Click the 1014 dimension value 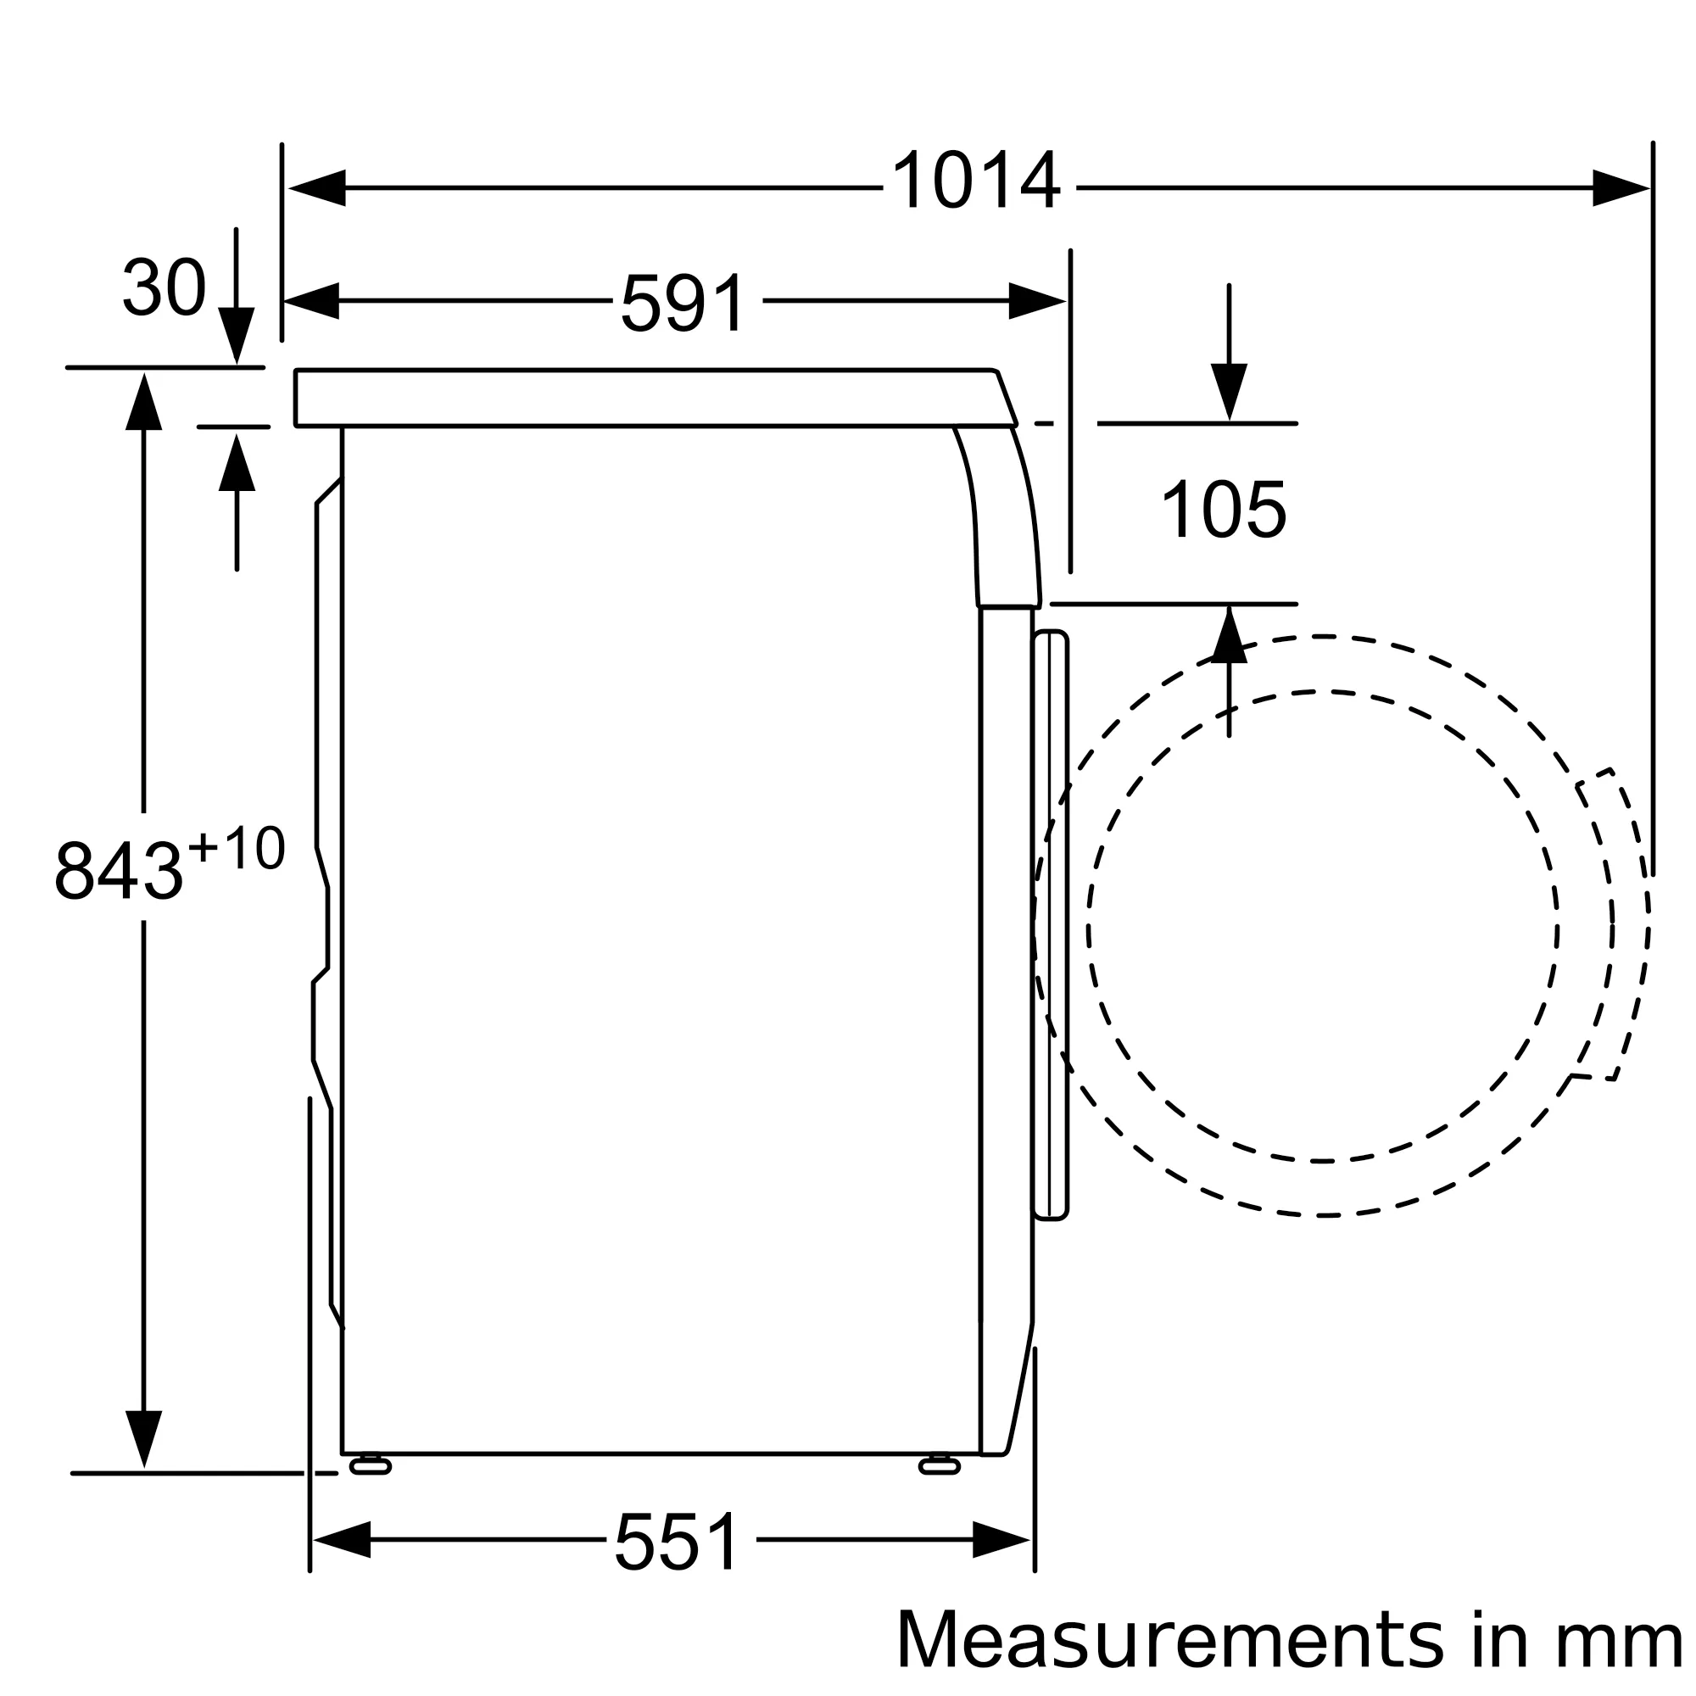(976, 180)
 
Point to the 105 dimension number (1224, 509)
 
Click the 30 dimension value (165, 287)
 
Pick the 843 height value (119, 870)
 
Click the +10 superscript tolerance (237, 848)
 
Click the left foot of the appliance (371, 1465)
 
